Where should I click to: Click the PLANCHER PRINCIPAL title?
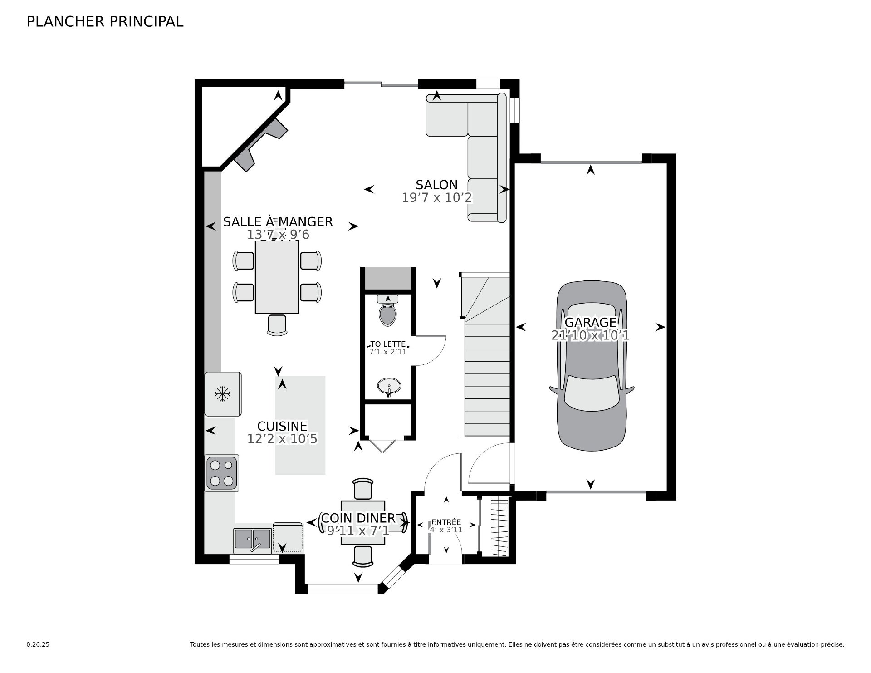(105, 22)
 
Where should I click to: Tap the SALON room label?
(436, 185)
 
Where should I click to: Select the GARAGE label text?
(590, 322)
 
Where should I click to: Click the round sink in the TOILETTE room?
(389, 387)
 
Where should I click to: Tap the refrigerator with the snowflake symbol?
(222, 394)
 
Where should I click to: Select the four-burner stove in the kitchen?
(222, 473)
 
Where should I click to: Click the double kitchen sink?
(253, 540)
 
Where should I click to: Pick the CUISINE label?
(282, 426)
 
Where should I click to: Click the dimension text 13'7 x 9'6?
(278, 235)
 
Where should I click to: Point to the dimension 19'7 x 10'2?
(437, 198)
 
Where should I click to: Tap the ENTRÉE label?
(446, 522)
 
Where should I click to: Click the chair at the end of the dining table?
(277, 325)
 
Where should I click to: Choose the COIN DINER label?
(358, 518)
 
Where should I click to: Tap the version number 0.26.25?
(38, 644)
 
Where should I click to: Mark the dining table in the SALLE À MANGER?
(277, 277)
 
